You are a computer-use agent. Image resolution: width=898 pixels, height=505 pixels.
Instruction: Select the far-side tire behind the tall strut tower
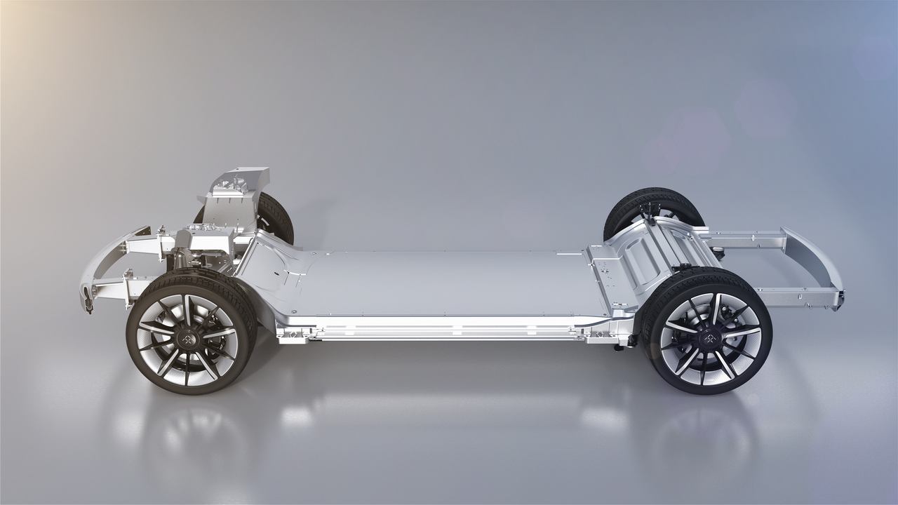[277, 214]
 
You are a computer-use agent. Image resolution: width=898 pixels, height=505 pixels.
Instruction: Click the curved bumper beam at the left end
[98, 267]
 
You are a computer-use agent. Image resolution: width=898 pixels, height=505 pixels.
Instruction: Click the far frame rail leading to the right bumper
[744, 238]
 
